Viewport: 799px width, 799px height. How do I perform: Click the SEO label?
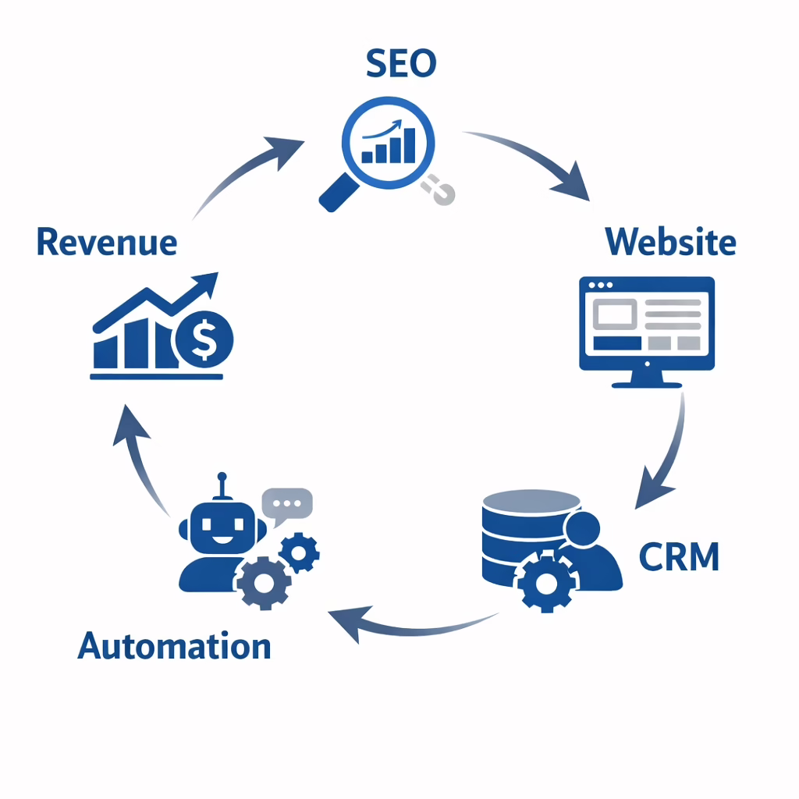(401, 65)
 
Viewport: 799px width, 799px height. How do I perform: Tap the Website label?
(670, 242)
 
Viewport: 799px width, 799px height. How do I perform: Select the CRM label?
(678, 557)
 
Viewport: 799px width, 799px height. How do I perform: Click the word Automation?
(174, 647)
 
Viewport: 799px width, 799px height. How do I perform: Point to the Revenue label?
(107, 242)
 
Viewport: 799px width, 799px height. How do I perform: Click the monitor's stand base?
(647, 382)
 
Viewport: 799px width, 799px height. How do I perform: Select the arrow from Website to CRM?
(666, 453)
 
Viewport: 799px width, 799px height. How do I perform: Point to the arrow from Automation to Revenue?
(140, 460)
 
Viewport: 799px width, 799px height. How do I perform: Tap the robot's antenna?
(222, 484)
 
